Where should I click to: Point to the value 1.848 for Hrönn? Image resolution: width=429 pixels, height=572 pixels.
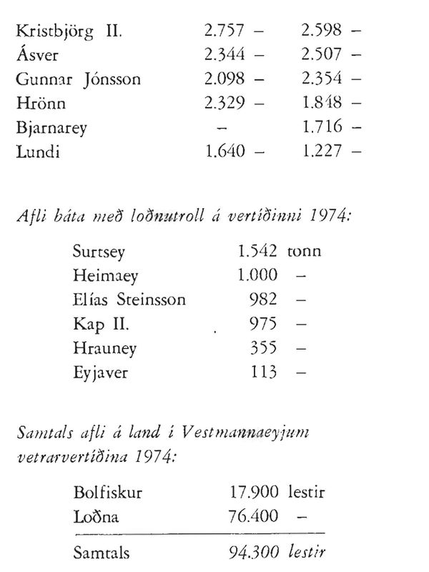click(321, 104)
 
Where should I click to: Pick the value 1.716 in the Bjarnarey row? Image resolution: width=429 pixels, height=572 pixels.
click(321, 127)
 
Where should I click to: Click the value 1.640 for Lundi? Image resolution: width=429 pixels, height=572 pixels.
click(225, 151)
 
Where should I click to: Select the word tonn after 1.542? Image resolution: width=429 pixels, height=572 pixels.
click(305, 252)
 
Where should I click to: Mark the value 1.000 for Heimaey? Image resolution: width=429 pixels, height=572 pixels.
click(255, 276)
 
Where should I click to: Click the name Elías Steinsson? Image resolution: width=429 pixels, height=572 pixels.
click(129, 300)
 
